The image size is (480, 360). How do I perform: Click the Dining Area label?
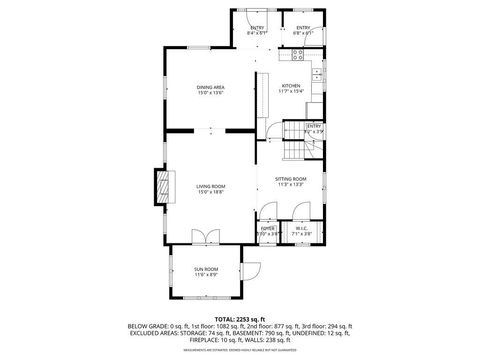tap(210, 87)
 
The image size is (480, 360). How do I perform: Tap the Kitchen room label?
tap(291, 87)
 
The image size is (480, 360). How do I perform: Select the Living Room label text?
tap(210, 187)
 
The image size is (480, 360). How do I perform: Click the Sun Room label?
tap(205, 269)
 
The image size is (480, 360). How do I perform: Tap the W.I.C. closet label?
tap(301, 229)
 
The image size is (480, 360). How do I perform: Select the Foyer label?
tap(268, 229)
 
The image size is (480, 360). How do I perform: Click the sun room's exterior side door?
tap(253, 270)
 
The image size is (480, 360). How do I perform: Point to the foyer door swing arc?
tap(268, 212)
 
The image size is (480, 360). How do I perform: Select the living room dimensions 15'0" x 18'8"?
tap(210, 192)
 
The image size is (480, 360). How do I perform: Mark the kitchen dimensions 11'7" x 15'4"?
tap(291, 92)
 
